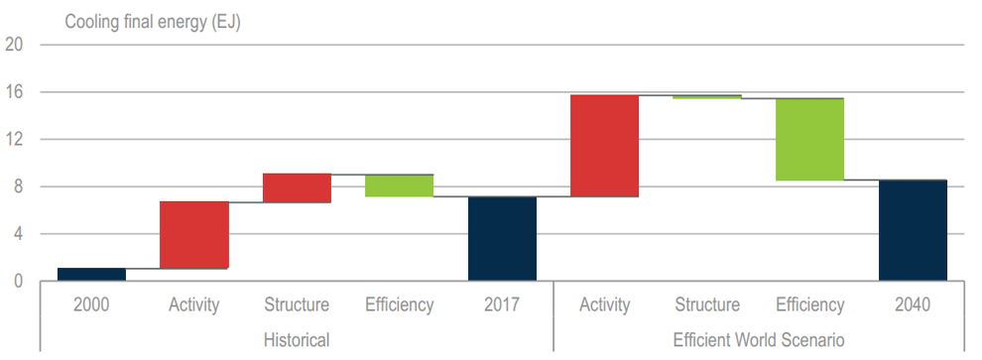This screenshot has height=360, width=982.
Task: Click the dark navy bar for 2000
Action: coord(91,275)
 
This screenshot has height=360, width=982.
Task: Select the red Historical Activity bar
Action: coord(194,235)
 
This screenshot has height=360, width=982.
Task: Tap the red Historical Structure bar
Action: coord(297,187)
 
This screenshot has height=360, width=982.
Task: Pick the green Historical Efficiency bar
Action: coord(400,185)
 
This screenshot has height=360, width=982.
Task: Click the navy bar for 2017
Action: coord(502,239)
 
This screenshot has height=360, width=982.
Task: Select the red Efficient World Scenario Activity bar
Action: coord(604,146)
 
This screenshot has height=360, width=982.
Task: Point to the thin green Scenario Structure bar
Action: coord(707,97)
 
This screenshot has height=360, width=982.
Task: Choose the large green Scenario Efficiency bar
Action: coord(809,139)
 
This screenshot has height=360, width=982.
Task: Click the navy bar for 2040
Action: coord(913,230)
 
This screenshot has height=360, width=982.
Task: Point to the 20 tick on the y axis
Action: coord(14,45)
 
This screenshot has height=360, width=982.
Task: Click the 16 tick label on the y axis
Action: coord(14,92)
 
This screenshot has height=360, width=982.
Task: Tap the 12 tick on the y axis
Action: coord(14,140)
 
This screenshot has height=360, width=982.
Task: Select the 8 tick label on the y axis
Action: coord(18,187)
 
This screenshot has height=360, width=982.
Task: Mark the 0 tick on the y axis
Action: coord(18,282)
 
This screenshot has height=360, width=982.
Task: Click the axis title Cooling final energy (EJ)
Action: coord(153,23)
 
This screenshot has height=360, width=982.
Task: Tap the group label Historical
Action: coord(297,340)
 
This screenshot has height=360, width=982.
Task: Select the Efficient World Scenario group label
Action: coord(759,340)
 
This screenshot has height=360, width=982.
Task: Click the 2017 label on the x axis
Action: coord(502,304)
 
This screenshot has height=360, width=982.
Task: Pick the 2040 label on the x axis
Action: coord(913,304)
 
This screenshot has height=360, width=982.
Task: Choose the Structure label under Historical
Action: coord(297,304)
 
